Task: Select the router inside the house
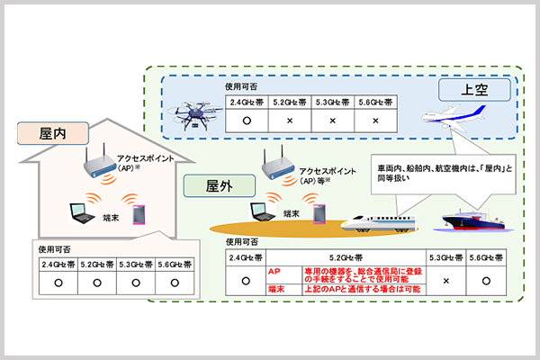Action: click(98, 162)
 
